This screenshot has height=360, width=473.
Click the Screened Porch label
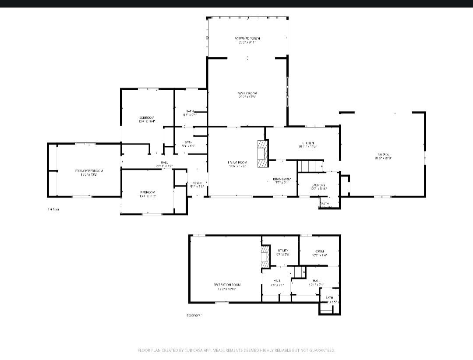[x=247, y=40]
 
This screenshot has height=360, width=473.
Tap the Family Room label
[x=247, y=95]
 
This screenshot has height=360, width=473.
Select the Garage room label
[x=383, y=156]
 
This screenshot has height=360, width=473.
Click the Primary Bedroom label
[x=89, y=172]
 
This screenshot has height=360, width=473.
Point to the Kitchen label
[x=307, y=145]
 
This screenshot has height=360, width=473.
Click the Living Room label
[x=237, y=164]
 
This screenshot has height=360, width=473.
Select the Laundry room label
[x=318, y=187]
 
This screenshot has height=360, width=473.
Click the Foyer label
[x=197, y=184]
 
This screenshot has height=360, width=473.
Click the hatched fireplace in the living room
[x=262, y=153]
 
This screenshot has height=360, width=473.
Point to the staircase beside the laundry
[x=310, y=166]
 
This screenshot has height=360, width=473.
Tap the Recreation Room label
[x=227, y=286]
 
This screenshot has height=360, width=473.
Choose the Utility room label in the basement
[x=283, y=252]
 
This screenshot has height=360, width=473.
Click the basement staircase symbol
[x=299, y=272]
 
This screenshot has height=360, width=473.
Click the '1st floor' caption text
[x=53, y=209]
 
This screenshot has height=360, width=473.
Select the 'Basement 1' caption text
[x=194, y=315]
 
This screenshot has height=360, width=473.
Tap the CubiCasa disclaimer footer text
[x=236, y=350]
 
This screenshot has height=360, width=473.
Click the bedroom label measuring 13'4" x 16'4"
[x=147, y=119]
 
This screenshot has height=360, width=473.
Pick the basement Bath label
[x=329, y=300]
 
